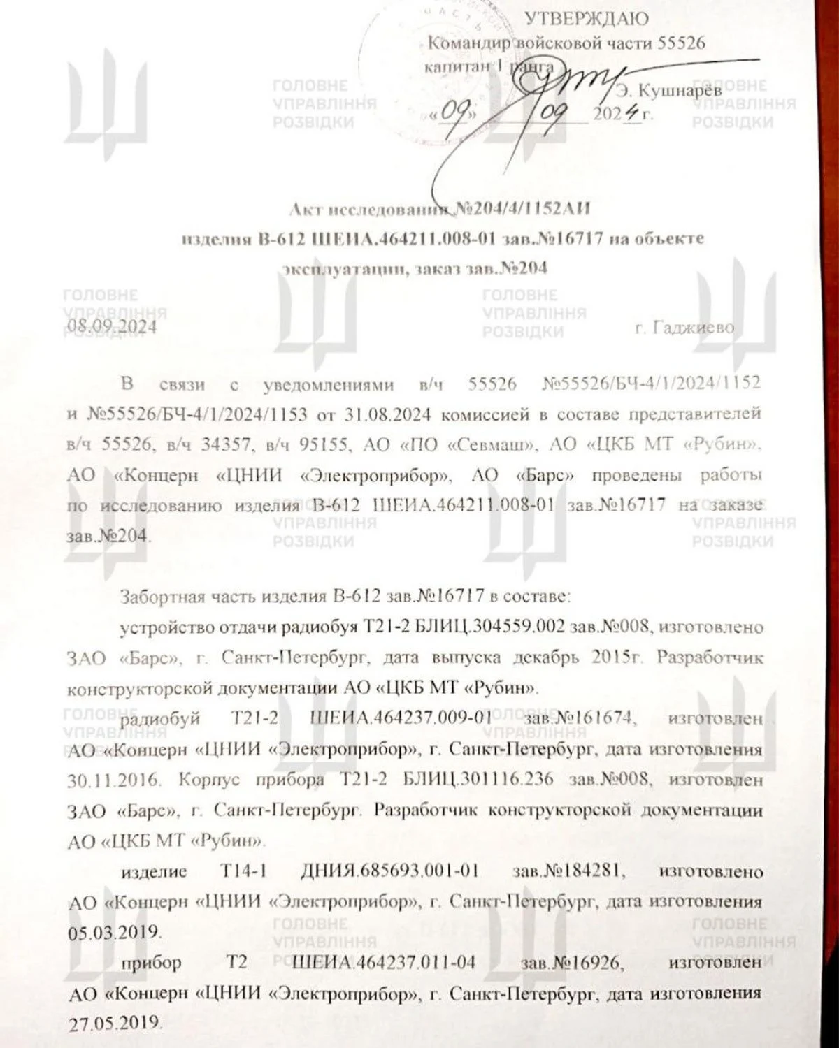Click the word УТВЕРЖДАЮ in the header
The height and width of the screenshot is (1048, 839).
coord(586,19)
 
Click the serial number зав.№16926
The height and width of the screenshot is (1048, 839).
coord(570,962)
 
